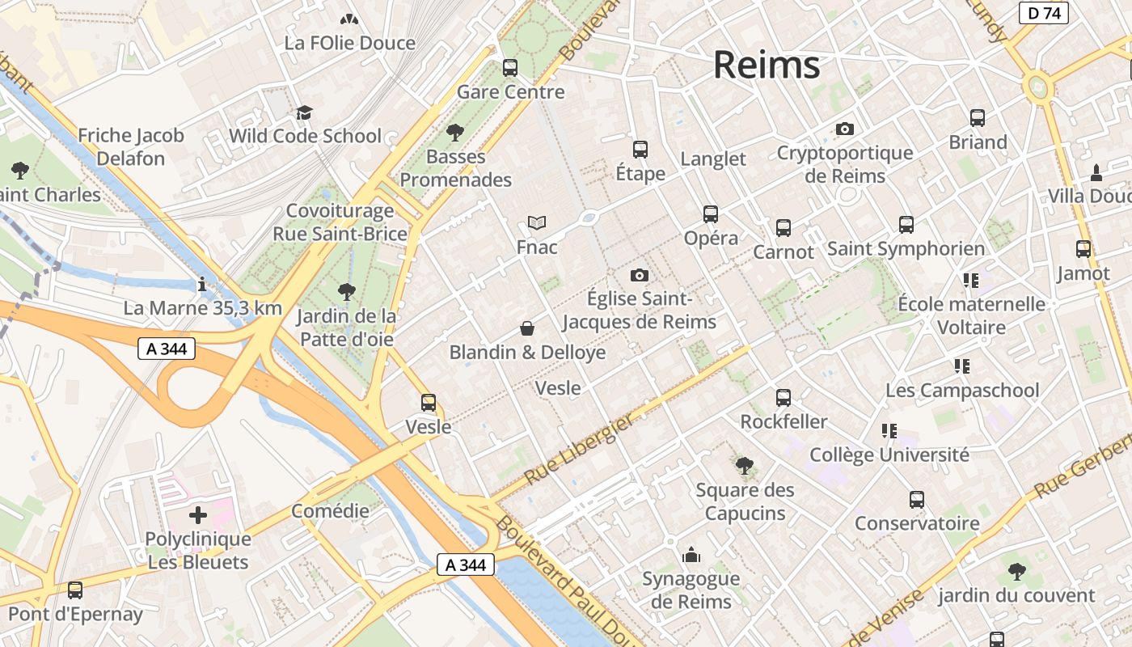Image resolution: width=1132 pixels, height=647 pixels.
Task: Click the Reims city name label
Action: click(x=767, y=65)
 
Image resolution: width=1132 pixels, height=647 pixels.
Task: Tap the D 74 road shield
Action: click(x=1043, y=13)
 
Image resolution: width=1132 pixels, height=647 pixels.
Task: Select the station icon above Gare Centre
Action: click(x=510, y=68)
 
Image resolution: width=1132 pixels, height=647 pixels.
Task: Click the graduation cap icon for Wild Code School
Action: click(x=304, y=112)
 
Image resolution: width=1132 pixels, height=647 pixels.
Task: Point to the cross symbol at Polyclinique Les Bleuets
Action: click(x=198, y=515)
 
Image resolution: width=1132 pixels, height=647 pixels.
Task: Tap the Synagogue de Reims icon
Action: click(x=691, y=555)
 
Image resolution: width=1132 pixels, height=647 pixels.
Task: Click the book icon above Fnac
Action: click(x=537, y=222)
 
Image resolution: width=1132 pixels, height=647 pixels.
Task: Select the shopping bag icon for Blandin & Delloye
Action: click(x=527, y=328)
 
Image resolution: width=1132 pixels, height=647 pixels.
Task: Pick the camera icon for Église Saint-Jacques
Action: click(x=640, y=275)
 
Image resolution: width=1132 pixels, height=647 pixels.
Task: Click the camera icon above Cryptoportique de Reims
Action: click(x=845, y=129)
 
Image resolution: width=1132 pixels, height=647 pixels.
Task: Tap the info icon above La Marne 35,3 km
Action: click(x=202, y=284)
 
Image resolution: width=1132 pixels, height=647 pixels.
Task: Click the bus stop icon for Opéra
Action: click(x=711, y=214)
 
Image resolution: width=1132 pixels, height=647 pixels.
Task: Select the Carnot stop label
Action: click(x=783, y=252)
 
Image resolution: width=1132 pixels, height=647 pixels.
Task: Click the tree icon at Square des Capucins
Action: click(x=745, y=466)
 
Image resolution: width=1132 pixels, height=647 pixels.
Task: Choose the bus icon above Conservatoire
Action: click(x=916, y=500)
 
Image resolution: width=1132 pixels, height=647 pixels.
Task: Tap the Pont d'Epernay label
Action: click(x=75, y=615)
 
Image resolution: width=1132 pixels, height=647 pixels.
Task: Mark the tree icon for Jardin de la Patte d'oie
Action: click(x=347, y=291)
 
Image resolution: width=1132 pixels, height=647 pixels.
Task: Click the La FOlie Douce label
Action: click(x=349, y=43)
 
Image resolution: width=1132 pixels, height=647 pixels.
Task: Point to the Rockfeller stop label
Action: click(x=784, y=422)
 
